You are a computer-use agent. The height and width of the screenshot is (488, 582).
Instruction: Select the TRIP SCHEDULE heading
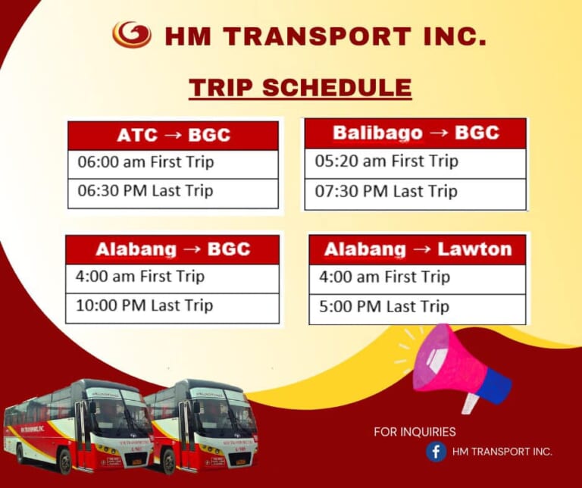pos(300,87)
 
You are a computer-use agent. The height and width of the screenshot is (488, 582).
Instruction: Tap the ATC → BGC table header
pos(174,136)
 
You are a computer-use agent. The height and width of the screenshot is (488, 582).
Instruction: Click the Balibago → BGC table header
pos(415,133)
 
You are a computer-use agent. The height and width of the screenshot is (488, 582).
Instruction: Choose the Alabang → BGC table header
pos(173,249)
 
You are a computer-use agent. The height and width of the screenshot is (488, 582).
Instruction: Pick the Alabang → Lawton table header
pos(418,249)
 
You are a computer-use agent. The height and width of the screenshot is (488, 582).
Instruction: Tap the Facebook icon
pos(436,452)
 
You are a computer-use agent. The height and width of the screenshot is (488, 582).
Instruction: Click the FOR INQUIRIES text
pos(415,432)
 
